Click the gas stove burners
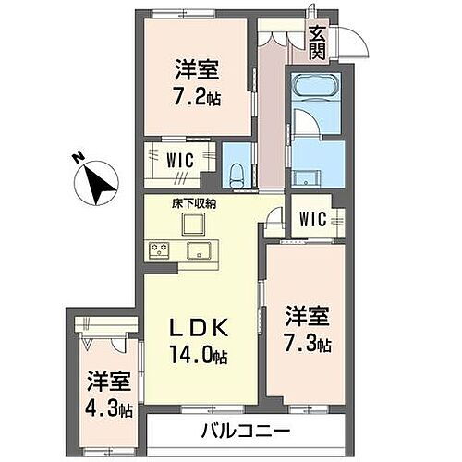point(158,248)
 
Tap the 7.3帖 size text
point(307,346)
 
